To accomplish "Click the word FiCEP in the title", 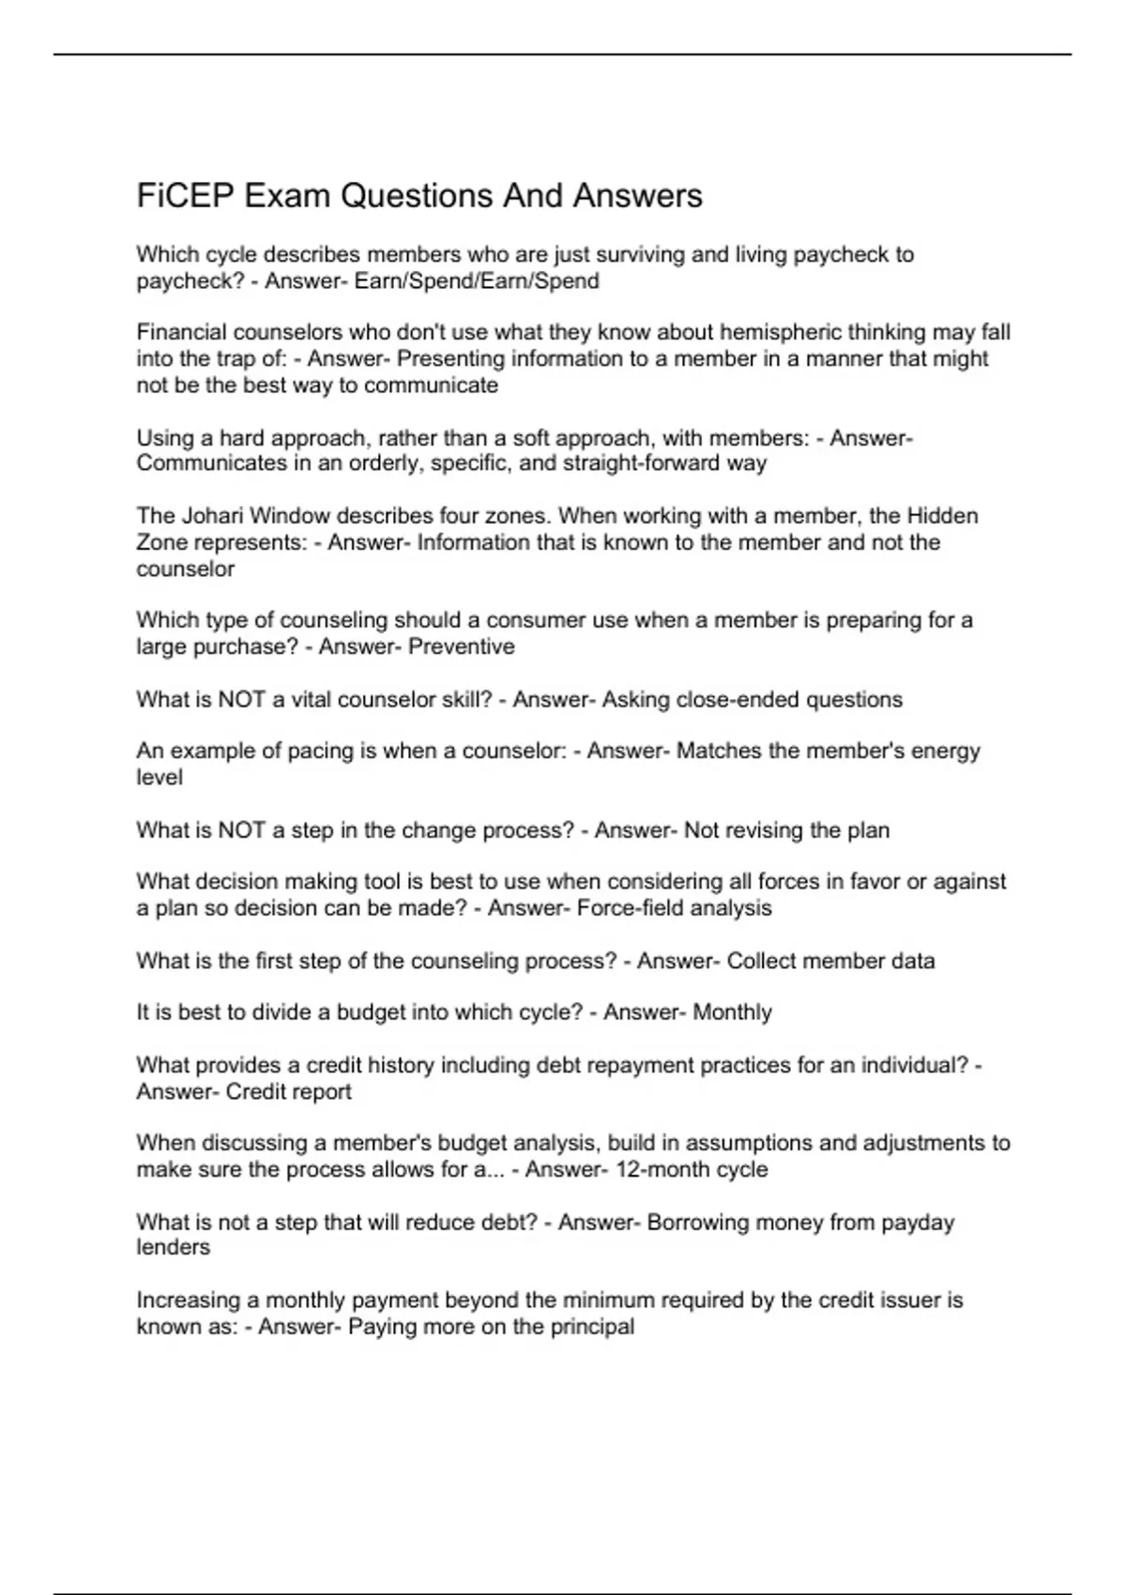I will (x=186, y=196).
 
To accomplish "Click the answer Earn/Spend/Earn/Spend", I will (x=477, y=281).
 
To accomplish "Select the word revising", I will (x=759, y=830).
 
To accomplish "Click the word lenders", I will (x=174, y=1247).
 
